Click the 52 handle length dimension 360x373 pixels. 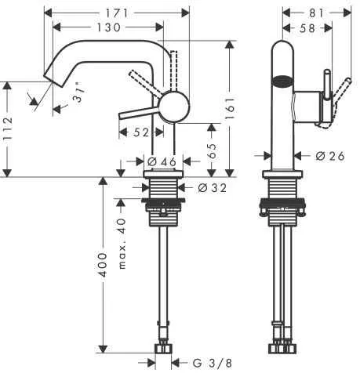coord(142,132)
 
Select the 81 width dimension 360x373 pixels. coord(317,13)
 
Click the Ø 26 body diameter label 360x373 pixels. coord(330,156)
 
